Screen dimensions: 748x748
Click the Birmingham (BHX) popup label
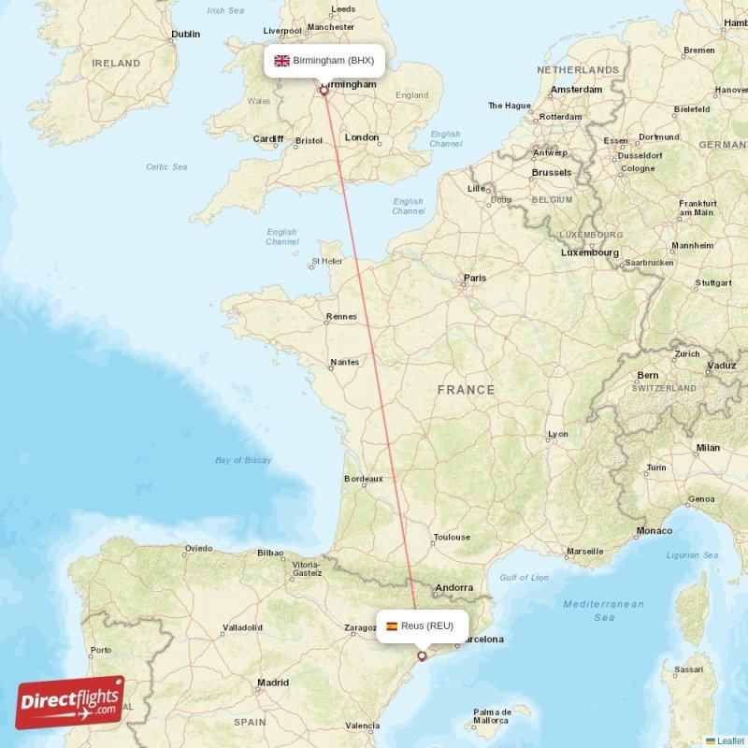point(324,61)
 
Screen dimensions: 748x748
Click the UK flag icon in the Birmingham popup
point(281,61)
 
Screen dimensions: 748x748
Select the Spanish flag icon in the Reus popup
point(391,626)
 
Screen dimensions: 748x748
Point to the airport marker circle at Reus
point(422,656)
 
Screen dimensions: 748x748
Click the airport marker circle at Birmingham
point(324,91)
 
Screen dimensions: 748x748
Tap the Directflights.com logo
point(70,702)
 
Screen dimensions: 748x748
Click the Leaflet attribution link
point(730,741)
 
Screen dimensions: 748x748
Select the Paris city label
point(475,278)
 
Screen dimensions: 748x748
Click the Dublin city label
point(185,35)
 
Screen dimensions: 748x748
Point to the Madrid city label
point(272,683)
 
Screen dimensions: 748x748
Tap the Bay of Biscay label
point(243,460)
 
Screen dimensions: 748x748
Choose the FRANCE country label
point(465,390)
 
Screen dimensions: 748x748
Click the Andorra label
point(454,588)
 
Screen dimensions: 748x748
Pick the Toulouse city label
point(452,538)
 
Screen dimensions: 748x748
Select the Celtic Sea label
point(166,166)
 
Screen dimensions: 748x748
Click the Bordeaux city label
point(364,479)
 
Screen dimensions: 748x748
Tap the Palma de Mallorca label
point(490,716)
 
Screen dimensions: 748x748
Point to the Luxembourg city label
point(589,252)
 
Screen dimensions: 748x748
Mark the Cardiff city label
point(267,138)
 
